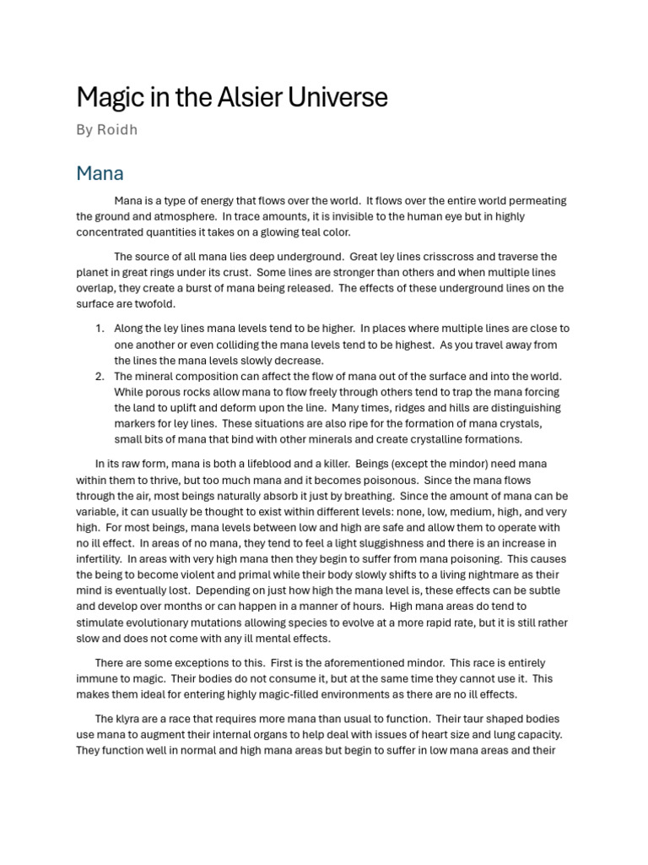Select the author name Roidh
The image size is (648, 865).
point(118,130)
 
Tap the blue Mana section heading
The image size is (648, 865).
point(100,173)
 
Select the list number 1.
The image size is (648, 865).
point(99,329)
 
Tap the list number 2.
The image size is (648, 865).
point(99,376)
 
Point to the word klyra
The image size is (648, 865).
point(131,719)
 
